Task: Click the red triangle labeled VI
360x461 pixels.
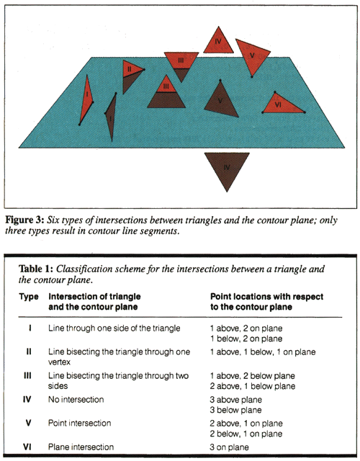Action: pos(282,104)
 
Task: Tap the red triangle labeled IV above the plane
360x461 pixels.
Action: pos(218,42)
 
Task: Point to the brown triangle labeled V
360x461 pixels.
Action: pos(221,102)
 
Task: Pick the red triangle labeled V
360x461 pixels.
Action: pos(252,55)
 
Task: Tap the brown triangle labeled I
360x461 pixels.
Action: pos(111,115)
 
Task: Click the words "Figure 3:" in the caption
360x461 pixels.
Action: pos(25,220)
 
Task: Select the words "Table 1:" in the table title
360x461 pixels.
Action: pos(36,269)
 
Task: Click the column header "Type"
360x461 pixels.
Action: pos(29,297)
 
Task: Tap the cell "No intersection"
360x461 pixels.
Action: pos(76,400)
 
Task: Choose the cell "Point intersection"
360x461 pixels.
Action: pos(80,423)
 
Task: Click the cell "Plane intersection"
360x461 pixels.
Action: pos(81,447)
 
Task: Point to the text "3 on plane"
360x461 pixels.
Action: pos(229,447)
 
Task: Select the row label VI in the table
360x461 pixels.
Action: pos(27,447)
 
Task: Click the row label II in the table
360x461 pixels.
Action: pos(28,352)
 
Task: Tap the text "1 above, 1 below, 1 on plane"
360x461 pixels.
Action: pos(263,352)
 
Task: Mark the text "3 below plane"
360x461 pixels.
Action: pos(235,410)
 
